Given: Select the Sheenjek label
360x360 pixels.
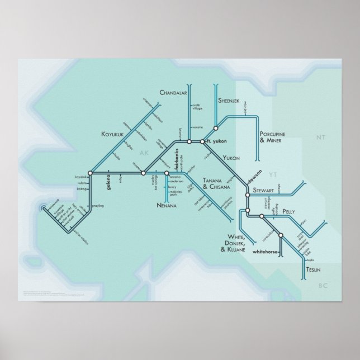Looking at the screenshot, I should [229, 100].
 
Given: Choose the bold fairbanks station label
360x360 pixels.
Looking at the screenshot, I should [176, 160].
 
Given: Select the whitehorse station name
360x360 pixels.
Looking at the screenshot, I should [266, 252].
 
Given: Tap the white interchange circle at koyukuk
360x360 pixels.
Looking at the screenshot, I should [89, 173].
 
